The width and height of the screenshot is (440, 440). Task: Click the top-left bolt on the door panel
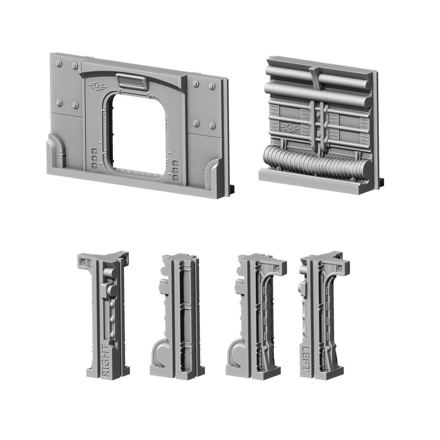click(58, 63)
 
